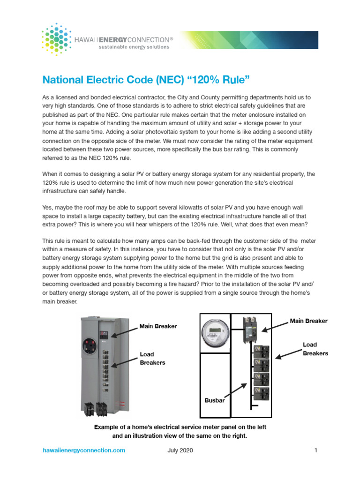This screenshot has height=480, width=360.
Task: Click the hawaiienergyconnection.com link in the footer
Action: click(x=84, y=450)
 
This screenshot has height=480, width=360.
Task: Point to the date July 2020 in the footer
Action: click(x=180, y=450)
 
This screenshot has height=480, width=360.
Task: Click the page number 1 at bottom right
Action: click(x=316, y=450)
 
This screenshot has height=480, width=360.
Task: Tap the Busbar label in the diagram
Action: click(x=215, y=401)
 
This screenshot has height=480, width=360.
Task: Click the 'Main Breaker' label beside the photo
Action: click(x=158, y=326)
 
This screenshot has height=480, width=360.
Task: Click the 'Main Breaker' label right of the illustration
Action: click(x=308, y=321)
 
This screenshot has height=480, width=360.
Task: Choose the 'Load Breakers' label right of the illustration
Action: click(x=315, y=349)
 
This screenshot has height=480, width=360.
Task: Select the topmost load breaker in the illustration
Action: click(x=261, y=352)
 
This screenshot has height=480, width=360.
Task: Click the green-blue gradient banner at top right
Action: click(x=249, y=40)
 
